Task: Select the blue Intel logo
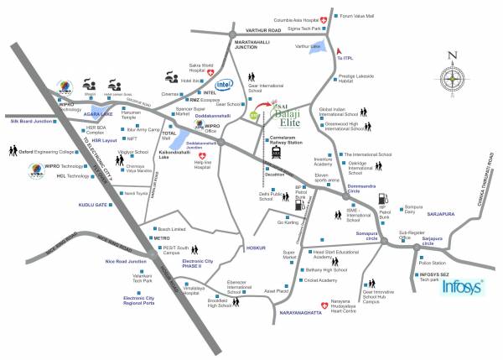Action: pyautogui.click(x=225, y=86)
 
